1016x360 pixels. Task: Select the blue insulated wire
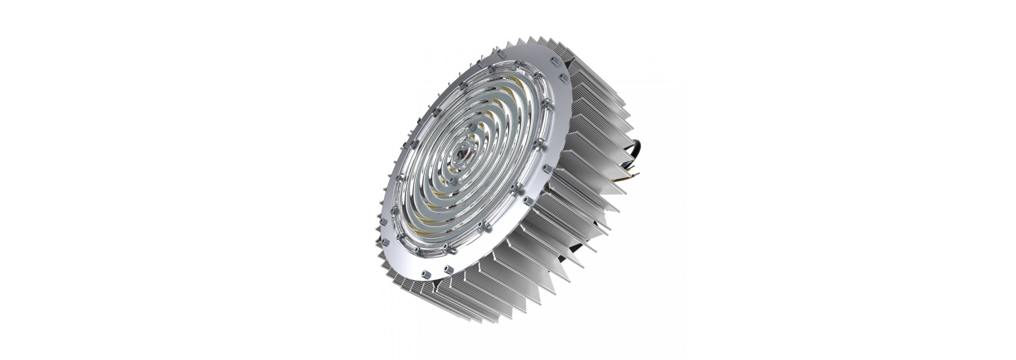click(624, 166)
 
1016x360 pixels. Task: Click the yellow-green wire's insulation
click(628, 170)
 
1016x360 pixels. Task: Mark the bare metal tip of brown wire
click(638, 174)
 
